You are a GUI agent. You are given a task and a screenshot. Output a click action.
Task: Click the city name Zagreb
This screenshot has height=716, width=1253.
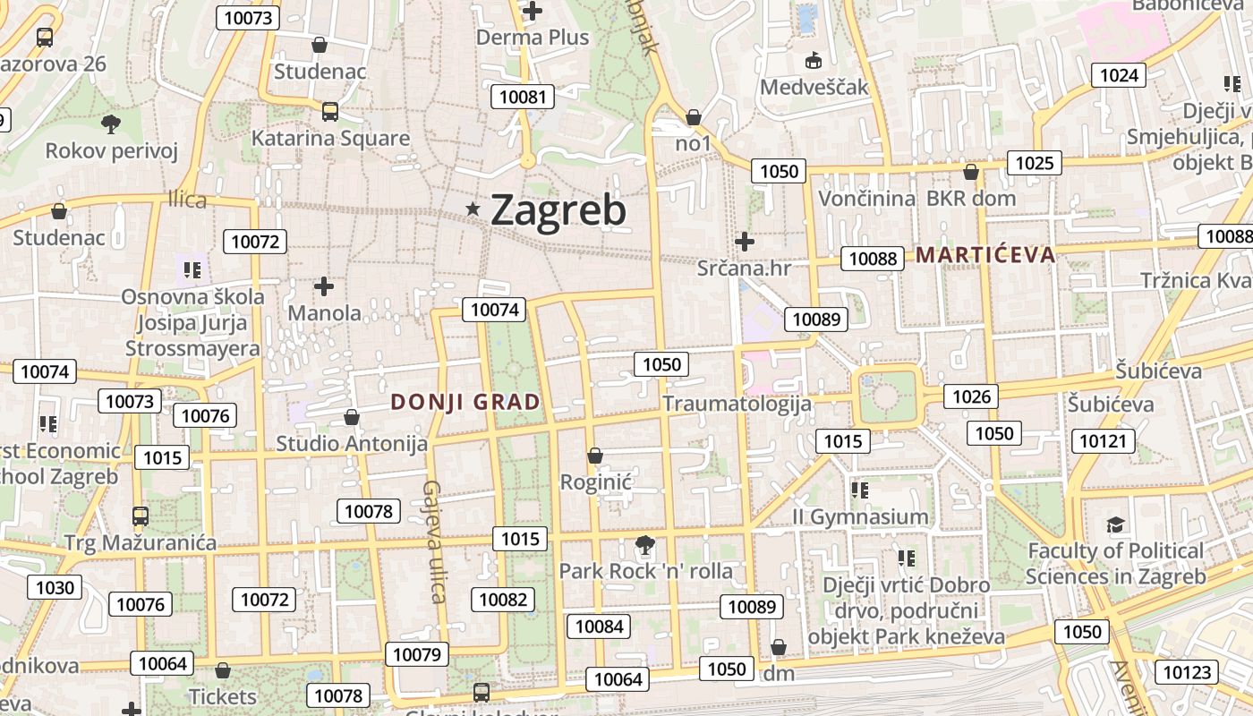click(x=558, y=210)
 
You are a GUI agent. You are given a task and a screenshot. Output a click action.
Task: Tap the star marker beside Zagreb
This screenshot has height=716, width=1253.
click(x=473, y=209)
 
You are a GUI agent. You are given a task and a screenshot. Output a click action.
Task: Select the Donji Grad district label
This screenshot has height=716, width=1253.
click(x=465, y=402)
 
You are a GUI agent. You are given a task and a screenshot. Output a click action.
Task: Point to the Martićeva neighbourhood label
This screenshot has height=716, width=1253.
click(x=985, y=255)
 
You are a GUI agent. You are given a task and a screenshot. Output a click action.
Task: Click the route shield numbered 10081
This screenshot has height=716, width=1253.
click(x=523, y=97)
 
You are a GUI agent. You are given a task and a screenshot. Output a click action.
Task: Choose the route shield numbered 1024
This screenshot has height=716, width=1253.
click(x=1119, y=75)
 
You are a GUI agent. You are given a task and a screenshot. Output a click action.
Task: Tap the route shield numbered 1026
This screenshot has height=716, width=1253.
click(x=971, y=396)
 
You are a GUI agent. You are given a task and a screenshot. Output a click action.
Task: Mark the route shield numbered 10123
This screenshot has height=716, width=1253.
click(x=1187, y=672)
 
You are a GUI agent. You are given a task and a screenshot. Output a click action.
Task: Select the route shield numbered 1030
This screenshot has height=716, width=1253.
click(x=55, y=588)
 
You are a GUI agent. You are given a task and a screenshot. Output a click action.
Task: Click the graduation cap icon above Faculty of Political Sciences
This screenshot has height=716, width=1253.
click(x=1115, y=524)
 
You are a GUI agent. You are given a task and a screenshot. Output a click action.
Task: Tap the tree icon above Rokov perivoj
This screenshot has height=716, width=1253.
click(x=111, y=124)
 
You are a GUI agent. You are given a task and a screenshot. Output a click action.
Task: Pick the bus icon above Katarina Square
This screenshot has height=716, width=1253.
click(x=329, y=112)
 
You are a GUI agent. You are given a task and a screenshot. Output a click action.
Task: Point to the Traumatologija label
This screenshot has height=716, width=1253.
click(x=737, y=404)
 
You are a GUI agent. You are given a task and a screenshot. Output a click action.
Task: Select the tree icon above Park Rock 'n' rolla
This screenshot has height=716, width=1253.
click(x=644, y=544)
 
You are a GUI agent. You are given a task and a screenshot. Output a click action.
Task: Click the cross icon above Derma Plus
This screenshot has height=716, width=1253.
click(x=533, y=12)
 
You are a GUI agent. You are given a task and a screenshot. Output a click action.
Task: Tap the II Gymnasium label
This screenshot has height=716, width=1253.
click(x=860, y=517)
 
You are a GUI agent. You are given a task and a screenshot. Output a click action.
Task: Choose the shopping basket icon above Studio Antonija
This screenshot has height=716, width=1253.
click(x=352, y=417)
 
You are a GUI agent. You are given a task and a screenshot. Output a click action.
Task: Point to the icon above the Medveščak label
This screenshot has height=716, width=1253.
click(x=814, y=61)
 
